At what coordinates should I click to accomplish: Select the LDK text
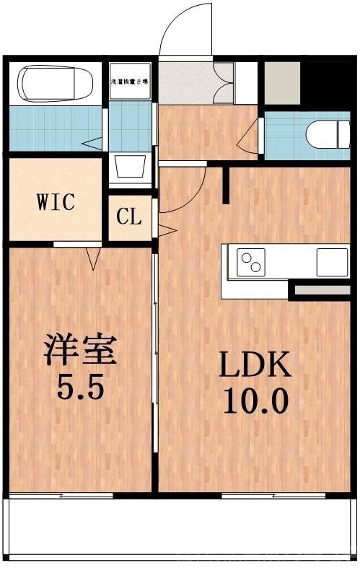click(x=255, y=366)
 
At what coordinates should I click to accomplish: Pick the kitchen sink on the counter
click(x=331, y=261)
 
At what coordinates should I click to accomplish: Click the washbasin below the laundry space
click(x=131, y=168)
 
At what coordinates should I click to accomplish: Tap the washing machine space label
click(x=130, y=82)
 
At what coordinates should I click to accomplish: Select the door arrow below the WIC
click(x=92, y=257)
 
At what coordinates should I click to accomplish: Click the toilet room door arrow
click(x=250, y=135)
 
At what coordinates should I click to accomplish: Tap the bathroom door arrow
click(x=92, y=143)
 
